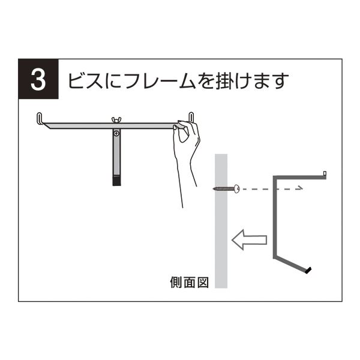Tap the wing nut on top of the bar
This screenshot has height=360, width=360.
pos(116,120)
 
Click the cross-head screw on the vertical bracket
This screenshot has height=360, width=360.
pos(116,133)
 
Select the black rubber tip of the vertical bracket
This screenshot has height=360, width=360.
pos(116,181)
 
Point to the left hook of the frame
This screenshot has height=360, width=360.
pos(40,118)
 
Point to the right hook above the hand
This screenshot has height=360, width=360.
pos(191,116)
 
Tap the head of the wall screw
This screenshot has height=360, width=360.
pos(236,189)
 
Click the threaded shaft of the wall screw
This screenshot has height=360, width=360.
pos(223,189)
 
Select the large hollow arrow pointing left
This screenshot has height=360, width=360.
pos(250,240)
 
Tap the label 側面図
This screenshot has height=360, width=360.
pos(190,283)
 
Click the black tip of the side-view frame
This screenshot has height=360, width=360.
pos(308,270)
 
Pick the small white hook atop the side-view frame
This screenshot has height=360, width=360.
pos(325,173)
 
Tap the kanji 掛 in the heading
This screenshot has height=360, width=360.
pos(224,80)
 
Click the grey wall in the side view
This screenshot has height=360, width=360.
pos(221,221)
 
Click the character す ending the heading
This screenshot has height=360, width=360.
pos(280,81)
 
